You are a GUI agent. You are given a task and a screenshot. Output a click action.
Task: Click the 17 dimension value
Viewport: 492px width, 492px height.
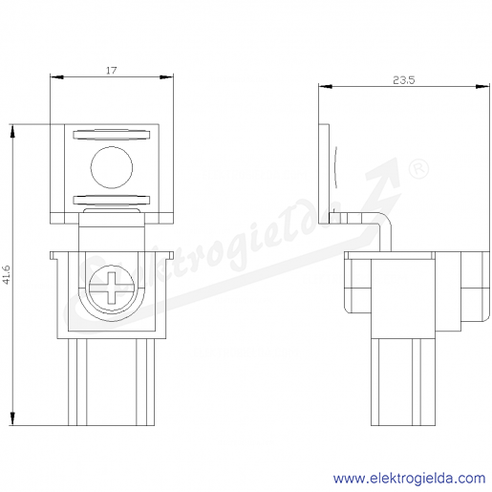pyautogui.click(x=112, y=70)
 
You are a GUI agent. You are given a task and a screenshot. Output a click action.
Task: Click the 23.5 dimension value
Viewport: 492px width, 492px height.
pyautogui.click(x=404, y=80)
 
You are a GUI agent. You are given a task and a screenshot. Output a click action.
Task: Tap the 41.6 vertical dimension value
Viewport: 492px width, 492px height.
pyautogui.click(x=7, y=274)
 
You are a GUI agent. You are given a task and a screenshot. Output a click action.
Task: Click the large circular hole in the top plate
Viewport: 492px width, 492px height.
pyautogui.click(x=112, y=167)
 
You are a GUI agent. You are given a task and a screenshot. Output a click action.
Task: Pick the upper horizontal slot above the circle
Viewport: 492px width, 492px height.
pyautogui.click(x=112, y=135)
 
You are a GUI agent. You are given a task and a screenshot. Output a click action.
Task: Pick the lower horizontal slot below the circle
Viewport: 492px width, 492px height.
pyautogui.click(x=112, y=200)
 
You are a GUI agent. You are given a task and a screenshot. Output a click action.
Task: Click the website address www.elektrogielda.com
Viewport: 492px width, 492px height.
pyautogui.click(x=410, y=479)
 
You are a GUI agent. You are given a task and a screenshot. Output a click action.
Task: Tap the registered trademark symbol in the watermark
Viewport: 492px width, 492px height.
pyautogui.click(x=418, y=169)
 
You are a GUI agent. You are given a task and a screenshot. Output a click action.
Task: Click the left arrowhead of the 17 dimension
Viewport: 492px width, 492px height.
pyautogui.click(x=56, y=77)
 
